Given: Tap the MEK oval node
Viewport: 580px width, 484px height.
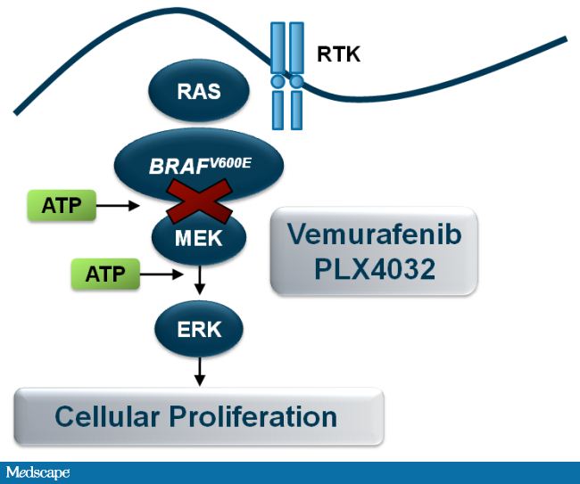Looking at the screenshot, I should point(198,238).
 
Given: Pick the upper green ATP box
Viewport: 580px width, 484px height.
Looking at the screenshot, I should point(62,206).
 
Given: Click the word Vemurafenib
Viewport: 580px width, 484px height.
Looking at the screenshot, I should point(374,236).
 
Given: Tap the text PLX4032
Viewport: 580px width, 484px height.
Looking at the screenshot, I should point(375,269).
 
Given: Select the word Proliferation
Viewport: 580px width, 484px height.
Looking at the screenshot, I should point(260,416).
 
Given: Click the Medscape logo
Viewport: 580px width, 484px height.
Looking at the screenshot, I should point(37,472).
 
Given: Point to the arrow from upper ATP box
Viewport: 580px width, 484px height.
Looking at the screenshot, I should point(119,206).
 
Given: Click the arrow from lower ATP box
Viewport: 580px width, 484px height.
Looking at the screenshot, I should point(164,274).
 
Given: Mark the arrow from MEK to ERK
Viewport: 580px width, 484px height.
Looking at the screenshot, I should point(201,280).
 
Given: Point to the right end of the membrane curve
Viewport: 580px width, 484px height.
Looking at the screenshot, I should point(562,40).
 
